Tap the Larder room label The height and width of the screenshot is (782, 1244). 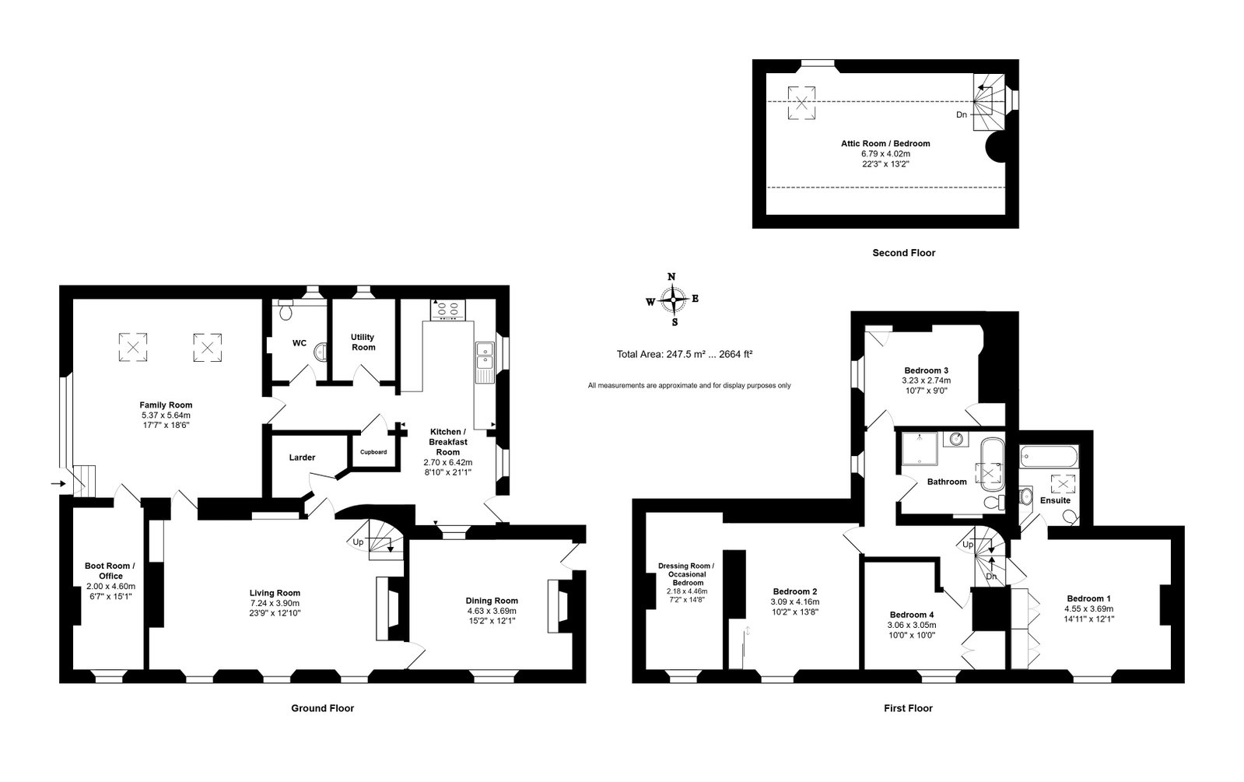pyautogui.click(x=302, y=458)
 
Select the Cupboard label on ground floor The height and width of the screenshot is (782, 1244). pyautogui.click(x=373, y=452)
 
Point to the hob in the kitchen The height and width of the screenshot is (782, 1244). pyautogui.click(x=447, y=310)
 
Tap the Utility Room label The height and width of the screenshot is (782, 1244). pyautogui.click(x=363, y=342)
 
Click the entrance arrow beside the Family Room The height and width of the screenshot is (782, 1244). pyautogui.click(x=58, y=484)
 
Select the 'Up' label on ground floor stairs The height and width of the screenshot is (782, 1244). pyautogui.click(x=358, y=542)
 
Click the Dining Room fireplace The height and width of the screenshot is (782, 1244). pyautogui.click(x=559, y=606)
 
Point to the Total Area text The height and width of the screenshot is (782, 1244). pyautogui.click(x=684, y=354)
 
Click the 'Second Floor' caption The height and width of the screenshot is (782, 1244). pyautogui.click(x=903, y=253)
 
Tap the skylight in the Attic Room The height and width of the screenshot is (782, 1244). pyautogui.click(x=801, y=103)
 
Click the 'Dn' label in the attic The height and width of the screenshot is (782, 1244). pyautogui.click(x=962, y=115)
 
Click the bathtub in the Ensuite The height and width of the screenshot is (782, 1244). pyautogui.click(x=1049, y=457)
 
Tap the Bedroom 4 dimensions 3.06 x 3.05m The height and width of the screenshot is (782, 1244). pyautogui.click(x=911, y=625)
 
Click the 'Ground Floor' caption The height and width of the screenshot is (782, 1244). pyautogui.click(x=323, y=709)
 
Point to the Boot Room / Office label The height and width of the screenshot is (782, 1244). pyautogui.click(x=110, y=571)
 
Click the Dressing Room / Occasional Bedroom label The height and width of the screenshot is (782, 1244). pyautogui.click(x=686, y=574)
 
